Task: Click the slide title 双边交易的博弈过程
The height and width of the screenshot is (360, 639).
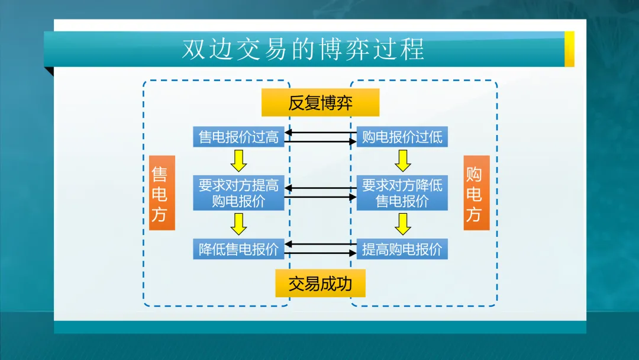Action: click(x=303, y=49)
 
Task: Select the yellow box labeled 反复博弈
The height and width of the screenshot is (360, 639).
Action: click(x=320, y=102)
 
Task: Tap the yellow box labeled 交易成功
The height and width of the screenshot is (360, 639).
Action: click(x=320, y=284)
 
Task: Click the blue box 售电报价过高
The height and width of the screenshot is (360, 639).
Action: click(x=238, y=137)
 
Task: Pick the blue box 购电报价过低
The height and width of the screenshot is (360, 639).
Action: click(x=402, y=137)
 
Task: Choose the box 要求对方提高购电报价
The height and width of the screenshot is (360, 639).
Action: click(x=238, y=193)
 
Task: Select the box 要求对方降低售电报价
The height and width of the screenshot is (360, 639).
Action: click(x=402, y=193)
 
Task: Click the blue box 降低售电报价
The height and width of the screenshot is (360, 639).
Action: click(x=238, y=249)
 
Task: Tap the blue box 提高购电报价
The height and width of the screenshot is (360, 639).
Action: click(x=402, y=249)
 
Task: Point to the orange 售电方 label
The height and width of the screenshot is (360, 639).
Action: click(x=162, y=193)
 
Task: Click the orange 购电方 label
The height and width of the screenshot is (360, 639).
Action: click(x=476, y=193)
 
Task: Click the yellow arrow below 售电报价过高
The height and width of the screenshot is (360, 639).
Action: click(x=238, y=160)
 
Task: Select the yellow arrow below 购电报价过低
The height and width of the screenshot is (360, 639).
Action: click(x=403, y=160)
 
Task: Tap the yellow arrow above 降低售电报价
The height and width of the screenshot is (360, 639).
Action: click(x=238, y=224)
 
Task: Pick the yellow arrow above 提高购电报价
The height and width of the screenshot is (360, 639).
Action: click(x=403, y=224)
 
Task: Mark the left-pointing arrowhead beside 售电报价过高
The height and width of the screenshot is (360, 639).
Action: click(x=288, y=133)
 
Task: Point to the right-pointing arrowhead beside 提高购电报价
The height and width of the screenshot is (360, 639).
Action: click(x=353, y=253)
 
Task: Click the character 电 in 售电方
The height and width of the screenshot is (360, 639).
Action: click(x=159, y=194)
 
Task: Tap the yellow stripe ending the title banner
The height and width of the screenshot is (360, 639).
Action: click(x=569, y=49)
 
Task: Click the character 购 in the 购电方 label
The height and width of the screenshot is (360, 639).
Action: click(x=474, y=174)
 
